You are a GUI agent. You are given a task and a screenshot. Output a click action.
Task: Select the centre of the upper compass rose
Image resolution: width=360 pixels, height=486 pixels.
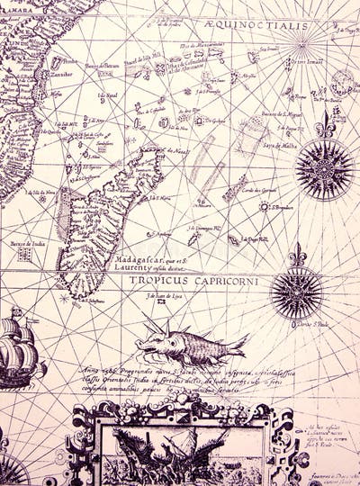click(324, 168)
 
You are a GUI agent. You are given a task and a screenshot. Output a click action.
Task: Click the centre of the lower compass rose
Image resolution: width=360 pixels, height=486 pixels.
click(297, 292)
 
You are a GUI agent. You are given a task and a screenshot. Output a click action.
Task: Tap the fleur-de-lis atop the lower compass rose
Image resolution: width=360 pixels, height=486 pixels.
click(297, 255)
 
